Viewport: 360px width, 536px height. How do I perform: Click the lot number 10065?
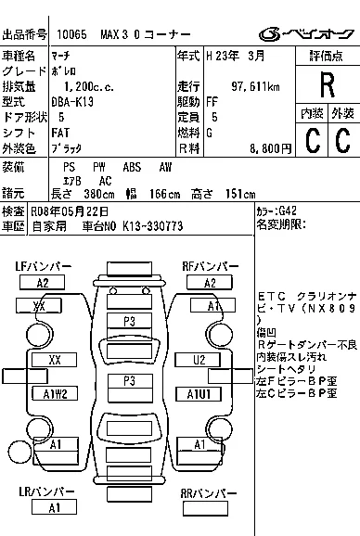[x=70, y=33]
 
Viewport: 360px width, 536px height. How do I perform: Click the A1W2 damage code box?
[x=56, y=394]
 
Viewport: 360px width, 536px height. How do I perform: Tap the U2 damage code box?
[x=199, y=359]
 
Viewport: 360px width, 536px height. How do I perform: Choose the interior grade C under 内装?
[x=313, y=140]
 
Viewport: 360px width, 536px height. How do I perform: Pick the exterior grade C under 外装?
[x=342, y=140]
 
